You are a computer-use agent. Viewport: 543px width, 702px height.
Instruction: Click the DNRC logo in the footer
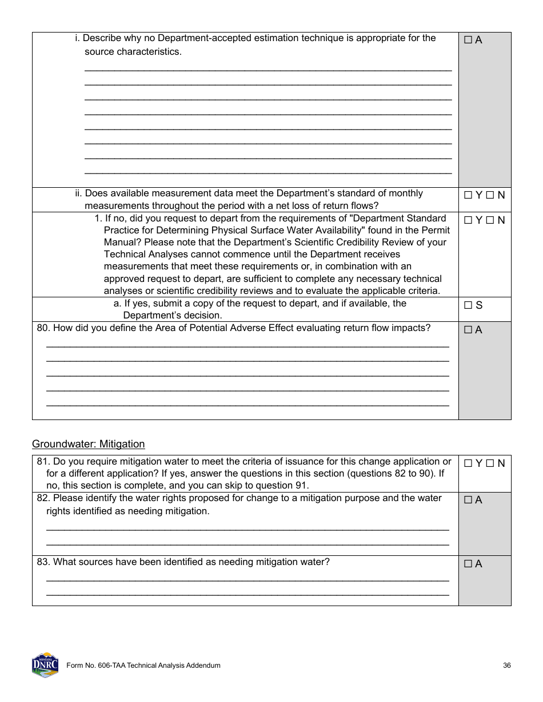coord(45,665)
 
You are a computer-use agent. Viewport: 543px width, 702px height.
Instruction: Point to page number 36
coord(507,665)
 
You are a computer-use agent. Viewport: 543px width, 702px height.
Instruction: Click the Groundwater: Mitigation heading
coord(88,444)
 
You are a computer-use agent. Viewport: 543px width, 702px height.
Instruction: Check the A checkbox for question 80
coord(468,330)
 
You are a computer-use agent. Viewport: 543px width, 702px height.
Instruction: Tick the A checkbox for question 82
coord(468,500)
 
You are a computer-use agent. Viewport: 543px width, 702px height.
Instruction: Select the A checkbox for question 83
coord(468,564)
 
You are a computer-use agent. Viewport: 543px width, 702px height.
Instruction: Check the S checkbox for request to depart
coord(468,305)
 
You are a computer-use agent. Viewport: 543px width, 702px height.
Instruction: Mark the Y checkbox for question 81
coord(468,463)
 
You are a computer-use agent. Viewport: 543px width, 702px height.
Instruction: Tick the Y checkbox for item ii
coord(468,195)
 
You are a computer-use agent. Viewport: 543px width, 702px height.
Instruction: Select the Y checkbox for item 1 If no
coord(468,220)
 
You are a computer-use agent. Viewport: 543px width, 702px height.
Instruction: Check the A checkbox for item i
coord(468,40)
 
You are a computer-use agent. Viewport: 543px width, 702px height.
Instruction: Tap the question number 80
coord(43,328)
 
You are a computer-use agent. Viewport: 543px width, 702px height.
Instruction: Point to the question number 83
coord(43,562)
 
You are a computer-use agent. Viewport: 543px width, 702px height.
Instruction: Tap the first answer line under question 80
coord(247,346)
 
